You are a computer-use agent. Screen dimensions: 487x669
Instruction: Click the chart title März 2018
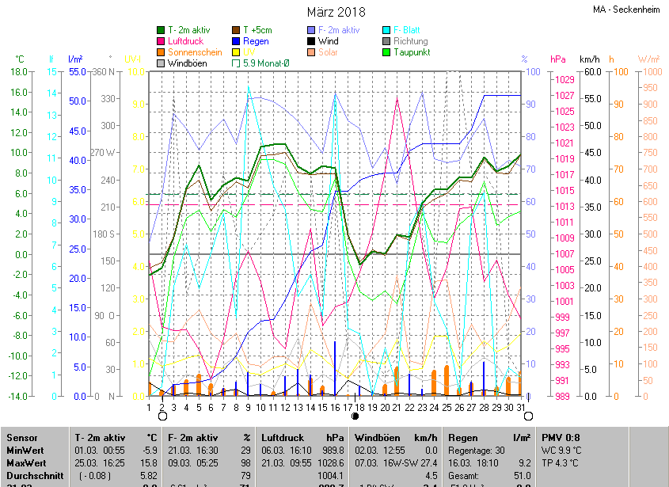pyautogui.click(x=336, y=12)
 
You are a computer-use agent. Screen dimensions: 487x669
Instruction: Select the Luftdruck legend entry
pyautogui.click(x=185, y=41)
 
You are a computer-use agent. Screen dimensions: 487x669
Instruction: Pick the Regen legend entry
pyautogui.click(x=255, y=41)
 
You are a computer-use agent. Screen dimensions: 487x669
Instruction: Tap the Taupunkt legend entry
pyautogui.click(x=412, y=52)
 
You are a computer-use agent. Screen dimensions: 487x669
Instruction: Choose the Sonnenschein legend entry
pyautogui.click(x=194, y=52)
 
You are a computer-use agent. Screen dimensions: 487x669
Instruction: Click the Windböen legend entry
pyautogui.click(x=187, y=63)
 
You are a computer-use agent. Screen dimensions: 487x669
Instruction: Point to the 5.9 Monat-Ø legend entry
pyautogui.click(x=267, y=63)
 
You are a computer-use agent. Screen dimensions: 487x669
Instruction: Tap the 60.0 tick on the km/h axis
pyautogui.click(x=591, y=71)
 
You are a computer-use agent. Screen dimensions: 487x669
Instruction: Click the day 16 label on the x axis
pyautogui.click(x=335, y=407)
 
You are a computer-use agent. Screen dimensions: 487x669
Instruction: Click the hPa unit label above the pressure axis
pyautogui.click(x=558, y=59)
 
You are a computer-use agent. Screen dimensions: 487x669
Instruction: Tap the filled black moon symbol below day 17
pyautogui.click(x=355, y=416)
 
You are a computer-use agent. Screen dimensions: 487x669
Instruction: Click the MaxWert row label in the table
pyautogui.click(x=25, y=462)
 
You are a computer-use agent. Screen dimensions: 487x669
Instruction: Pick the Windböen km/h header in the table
pyautogui.click(x=396, y=438)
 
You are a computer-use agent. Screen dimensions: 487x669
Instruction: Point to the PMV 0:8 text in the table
pyautogui.click(x=561, y=438)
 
